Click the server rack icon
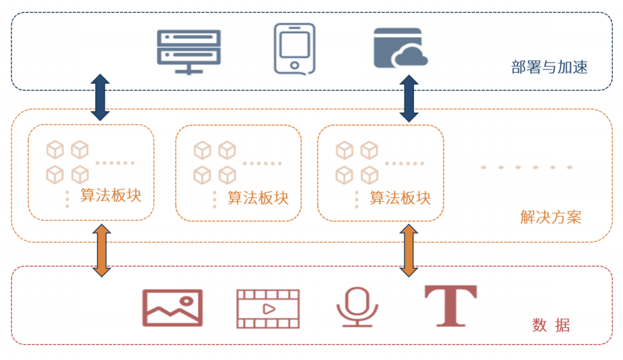point(188,51)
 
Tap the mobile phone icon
point(295,49)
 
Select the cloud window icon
point(400,48)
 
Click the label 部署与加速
point(549,67)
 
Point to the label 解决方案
point(551,217)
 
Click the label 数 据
point(551,325)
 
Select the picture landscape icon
point(172,308)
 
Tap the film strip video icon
point(268,308)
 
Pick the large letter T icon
point(450,306)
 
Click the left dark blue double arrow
point(100,97)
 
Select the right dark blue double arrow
point(409,98)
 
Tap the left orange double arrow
point(101,250)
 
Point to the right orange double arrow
point(409,250)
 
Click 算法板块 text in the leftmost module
point(111,196)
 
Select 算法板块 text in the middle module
point(258,198)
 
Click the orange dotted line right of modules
point(527,168)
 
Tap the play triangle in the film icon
point(268,308)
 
